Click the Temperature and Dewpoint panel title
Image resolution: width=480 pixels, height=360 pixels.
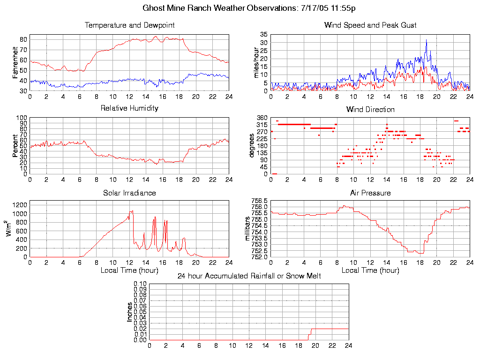pos(129,25)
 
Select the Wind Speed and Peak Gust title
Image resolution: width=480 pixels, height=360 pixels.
pos(370,25)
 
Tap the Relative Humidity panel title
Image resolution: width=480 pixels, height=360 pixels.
pos(129,108)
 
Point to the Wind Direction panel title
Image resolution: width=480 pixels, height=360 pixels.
pos(370,110)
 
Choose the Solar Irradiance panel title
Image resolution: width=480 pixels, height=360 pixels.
pos(129,193)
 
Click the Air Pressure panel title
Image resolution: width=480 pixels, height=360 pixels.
pos(370,193)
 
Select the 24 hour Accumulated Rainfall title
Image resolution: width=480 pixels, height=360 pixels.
pos(249,276)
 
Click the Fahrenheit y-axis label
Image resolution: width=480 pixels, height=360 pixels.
pos(15,62)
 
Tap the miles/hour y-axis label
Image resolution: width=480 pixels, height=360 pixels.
pos(256,62)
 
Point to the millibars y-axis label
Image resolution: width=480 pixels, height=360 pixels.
pos(248,228)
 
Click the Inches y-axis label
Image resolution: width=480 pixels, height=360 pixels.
pos(129,312)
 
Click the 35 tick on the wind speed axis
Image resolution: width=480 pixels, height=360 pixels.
pos(263,35)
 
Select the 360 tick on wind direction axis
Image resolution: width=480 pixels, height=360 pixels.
pos(261,118)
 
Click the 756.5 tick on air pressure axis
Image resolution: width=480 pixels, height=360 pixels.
pos(259,201)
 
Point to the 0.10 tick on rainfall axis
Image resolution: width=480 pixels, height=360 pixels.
pos(140,284)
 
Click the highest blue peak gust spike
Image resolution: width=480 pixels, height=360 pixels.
pos(427,40)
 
